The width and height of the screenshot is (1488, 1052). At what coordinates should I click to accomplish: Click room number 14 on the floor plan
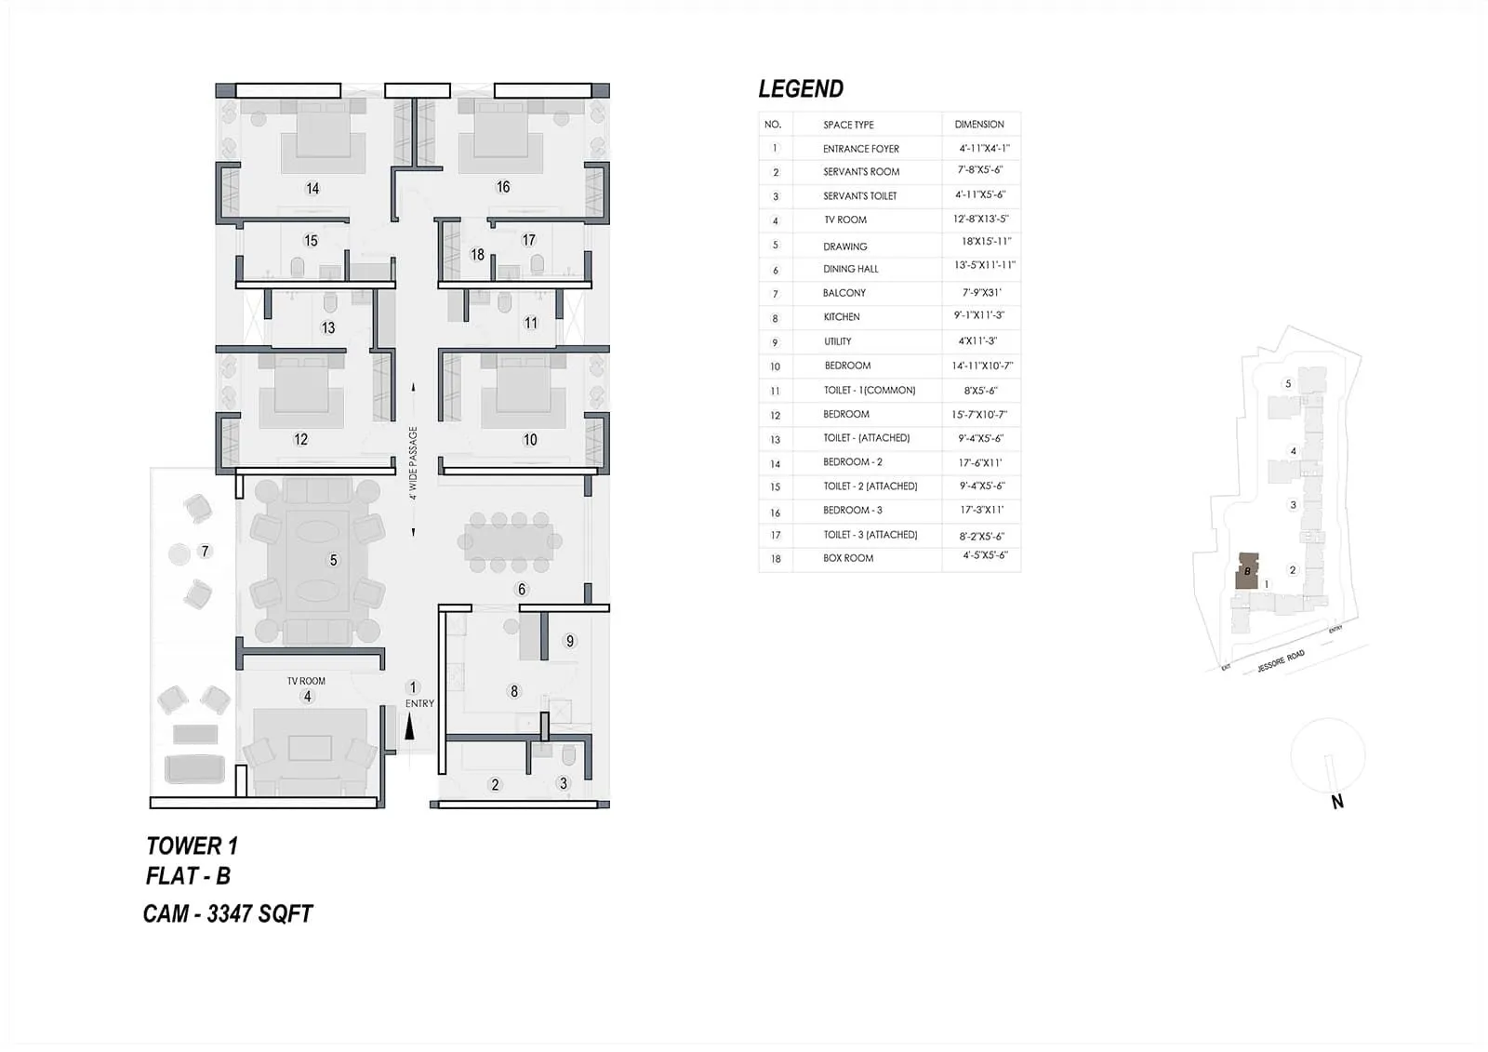312,188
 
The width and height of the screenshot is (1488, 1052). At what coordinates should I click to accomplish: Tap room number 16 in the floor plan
503,187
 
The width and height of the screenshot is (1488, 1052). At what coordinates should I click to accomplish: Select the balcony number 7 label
206,552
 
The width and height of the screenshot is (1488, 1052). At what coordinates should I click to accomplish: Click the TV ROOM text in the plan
306,681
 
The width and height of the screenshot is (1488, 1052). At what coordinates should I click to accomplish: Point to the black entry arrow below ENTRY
409,728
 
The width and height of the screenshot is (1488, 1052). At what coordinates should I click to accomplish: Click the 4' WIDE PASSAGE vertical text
413,463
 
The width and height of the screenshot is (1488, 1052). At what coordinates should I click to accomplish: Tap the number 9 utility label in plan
570,641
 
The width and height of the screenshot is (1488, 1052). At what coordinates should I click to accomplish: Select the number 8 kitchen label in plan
514,691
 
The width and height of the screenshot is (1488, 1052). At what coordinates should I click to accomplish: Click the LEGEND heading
801,89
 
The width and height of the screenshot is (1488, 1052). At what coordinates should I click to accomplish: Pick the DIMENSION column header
979,124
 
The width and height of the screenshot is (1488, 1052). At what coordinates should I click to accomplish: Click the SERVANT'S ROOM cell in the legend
861,172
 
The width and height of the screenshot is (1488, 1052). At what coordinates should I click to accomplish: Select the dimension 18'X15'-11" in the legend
986,242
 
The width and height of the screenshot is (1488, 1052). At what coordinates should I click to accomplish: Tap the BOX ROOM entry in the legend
848,558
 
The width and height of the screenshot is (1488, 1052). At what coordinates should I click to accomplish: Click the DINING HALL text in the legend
851,269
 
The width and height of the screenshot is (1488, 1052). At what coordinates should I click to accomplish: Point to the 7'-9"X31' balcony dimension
981,292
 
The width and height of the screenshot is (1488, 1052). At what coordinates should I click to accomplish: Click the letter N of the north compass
1337,802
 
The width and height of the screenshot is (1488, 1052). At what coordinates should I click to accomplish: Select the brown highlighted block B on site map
1246,570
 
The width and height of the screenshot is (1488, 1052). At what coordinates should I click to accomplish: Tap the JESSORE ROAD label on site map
1281,661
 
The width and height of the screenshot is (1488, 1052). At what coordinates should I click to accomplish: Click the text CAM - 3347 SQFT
228,913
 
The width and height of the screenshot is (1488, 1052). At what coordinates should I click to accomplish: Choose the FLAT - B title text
188,876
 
